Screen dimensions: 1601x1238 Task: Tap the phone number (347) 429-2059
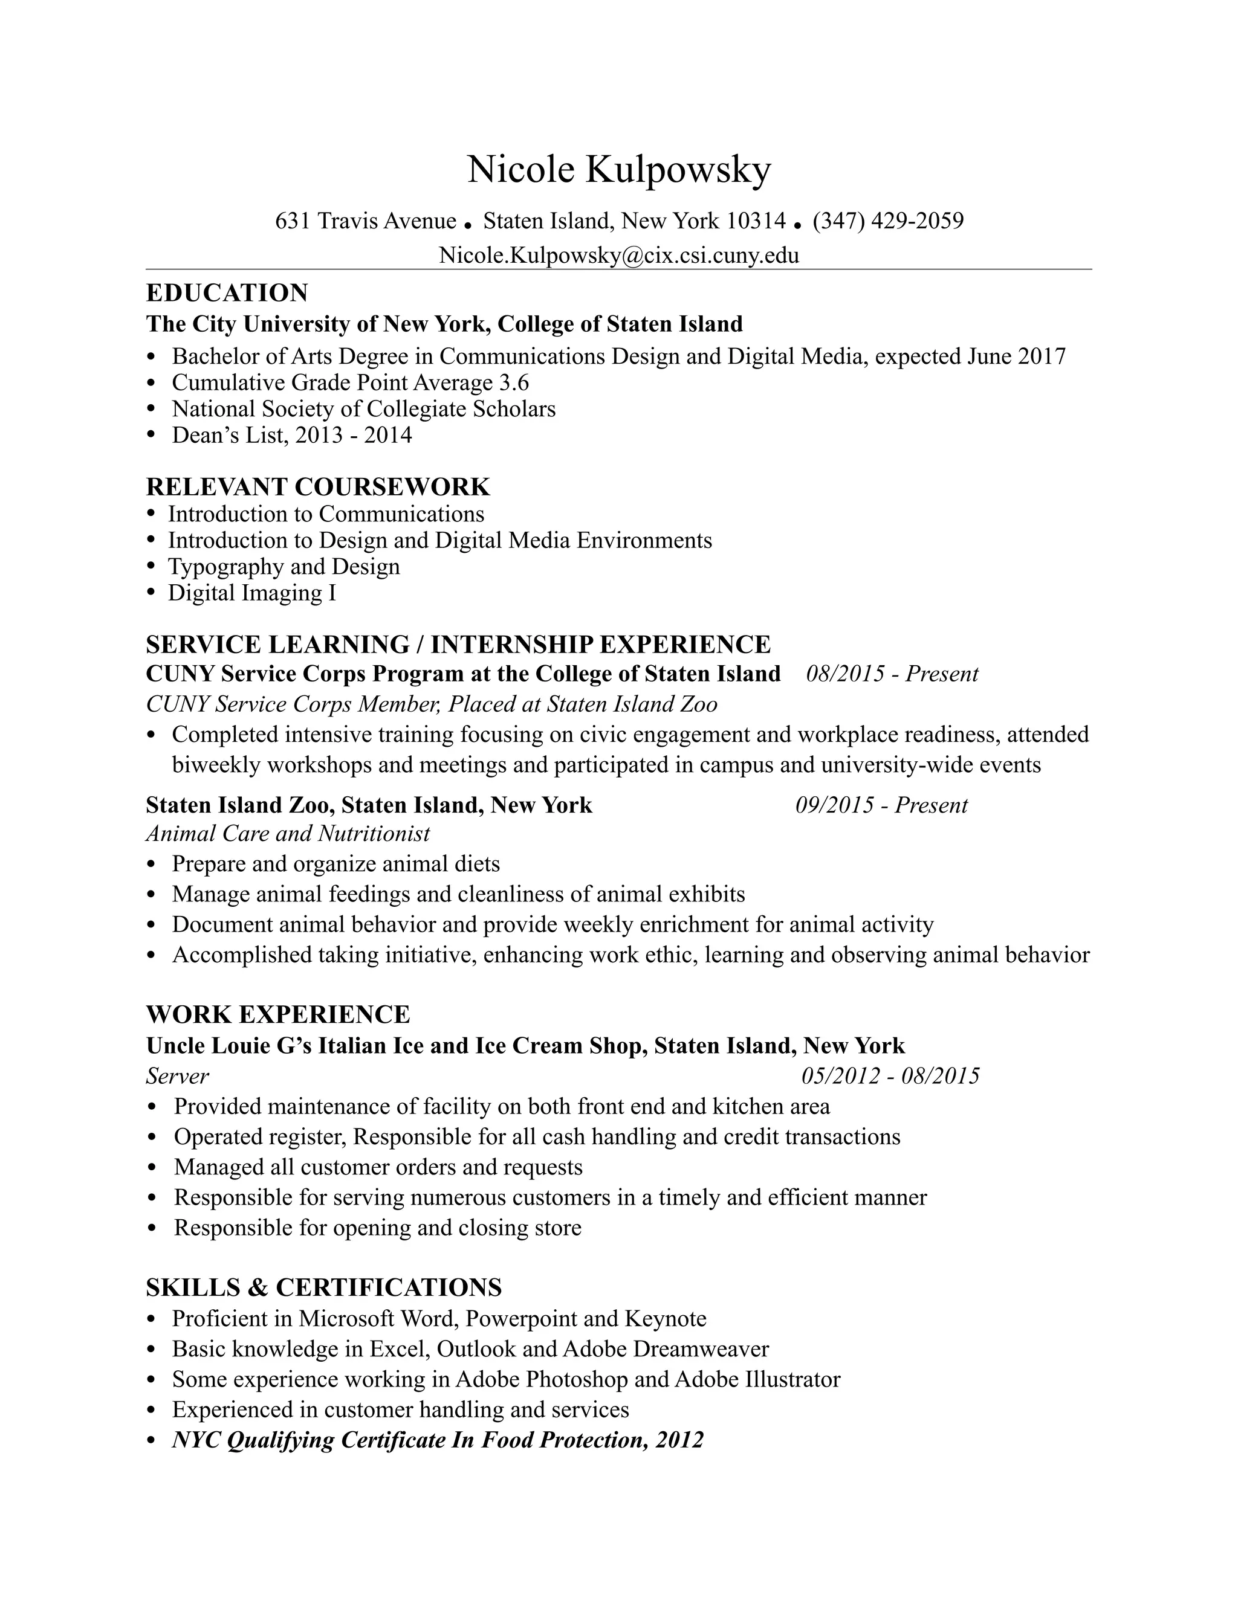(x=887, y=221)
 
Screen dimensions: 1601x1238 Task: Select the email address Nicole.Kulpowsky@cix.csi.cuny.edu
(x=619, y=255)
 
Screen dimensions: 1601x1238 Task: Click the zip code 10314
(x=756, y=221)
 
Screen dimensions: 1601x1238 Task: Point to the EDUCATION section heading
(x=227, y=292)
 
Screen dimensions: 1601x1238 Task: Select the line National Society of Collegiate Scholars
(x=364, y=409)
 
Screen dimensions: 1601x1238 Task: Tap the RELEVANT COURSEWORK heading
(x=317, y=487)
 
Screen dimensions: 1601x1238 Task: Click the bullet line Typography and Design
(x=284, y=567)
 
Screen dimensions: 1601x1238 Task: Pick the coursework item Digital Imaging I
(x=251, y=593)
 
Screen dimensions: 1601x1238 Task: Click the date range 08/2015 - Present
(x=892, y=674)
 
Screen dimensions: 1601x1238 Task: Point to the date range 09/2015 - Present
(x=881, y=805)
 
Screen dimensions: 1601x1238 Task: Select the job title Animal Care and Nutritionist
(x=288, y=834)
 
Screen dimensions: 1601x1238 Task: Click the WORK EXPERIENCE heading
(x=278, y=1014)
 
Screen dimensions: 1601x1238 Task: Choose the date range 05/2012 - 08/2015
(x=890, y=1076)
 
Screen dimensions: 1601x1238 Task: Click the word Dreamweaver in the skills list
(x=701, y=1349)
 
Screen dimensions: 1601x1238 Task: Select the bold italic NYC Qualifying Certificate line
(x=437, y=1440)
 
